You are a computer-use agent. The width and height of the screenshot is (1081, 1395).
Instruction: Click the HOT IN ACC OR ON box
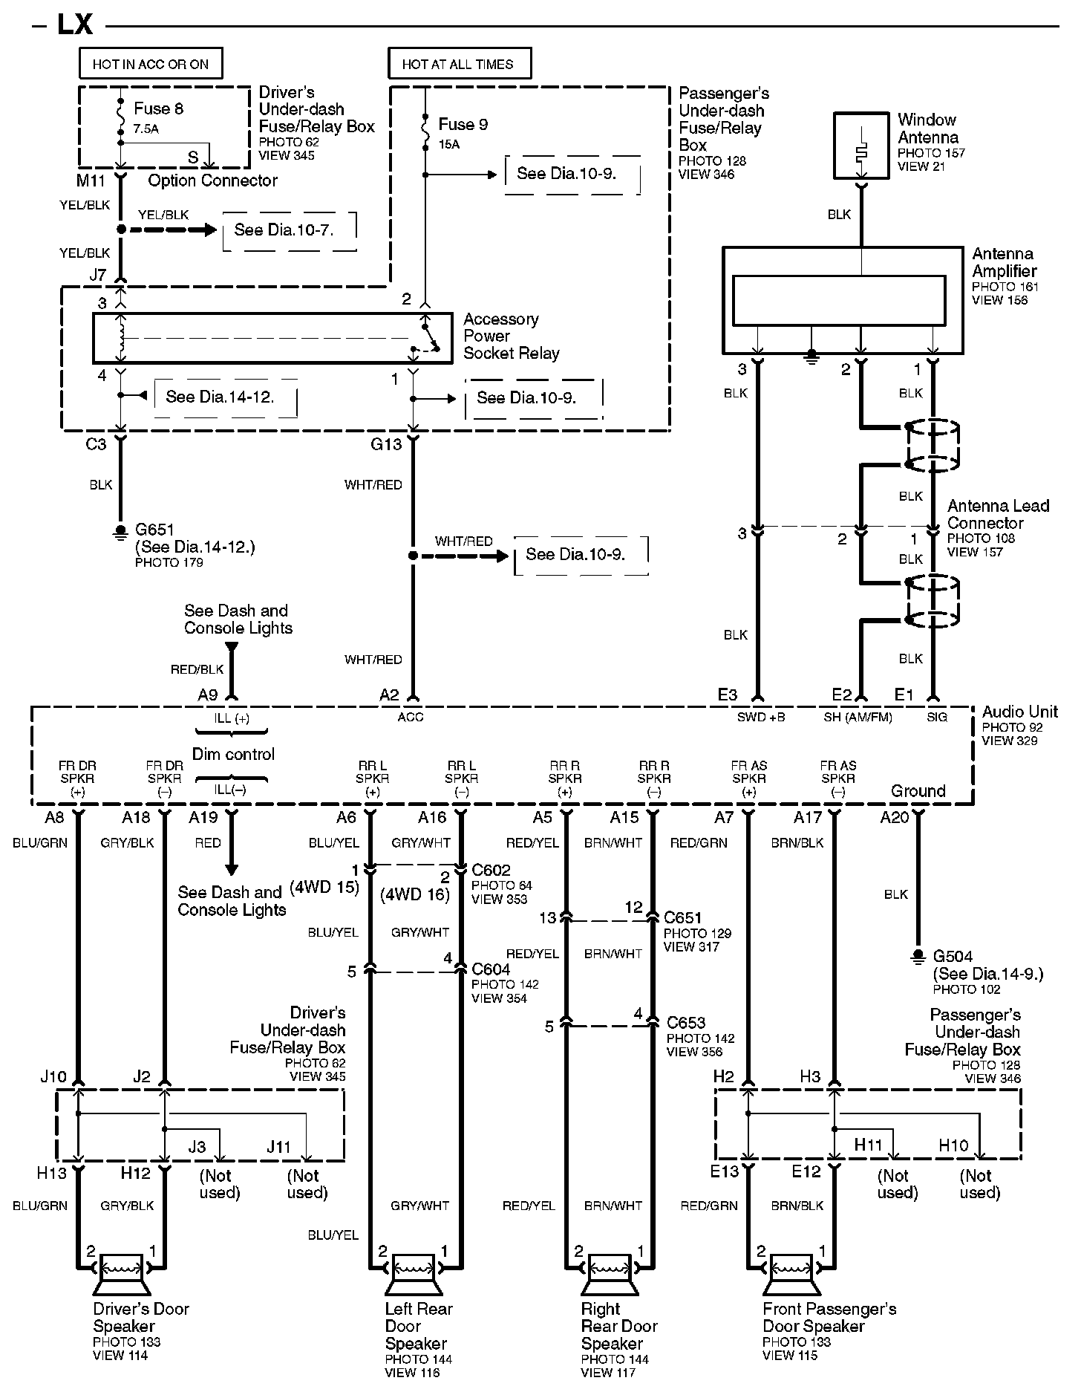(x=151, y=64)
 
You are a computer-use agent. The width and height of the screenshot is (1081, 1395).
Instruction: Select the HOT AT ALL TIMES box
(x=460, y=64)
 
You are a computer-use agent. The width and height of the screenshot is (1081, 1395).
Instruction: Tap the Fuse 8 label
(x=158, y=109)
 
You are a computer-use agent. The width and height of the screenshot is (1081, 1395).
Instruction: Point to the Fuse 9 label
(x=463, y=125)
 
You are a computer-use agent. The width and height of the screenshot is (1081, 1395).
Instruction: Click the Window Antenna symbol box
(x=861, y=146)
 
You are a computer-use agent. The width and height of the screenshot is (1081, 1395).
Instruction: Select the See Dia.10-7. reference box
(x=290, y=230)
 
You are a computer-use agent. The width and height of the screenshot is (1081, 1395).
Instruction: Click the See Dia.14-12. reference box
(x=225, y=397)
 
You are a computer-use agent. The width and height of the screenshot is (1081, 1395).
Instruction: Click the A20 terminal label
(x=894, y=818)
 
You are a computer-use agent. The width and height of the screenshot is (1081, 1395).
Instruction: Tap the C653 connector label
(x=685, y=1023)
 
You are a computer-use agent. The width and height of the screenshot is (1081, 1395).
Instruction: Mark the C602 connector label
(x=491, y=870)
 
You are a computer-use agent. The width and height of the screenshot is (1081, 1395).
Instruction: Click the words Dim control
(x=233, y=755)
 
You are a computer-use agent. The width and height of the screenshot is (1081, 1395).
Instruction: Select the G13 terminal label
(x=386, y=444)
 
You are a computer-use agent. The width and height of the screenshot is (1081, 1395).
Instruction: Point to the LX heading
(x=75, y=25)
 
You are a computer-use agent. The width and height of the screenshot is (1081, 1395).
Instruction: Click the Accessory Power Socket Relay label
(x=511, y=336)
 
